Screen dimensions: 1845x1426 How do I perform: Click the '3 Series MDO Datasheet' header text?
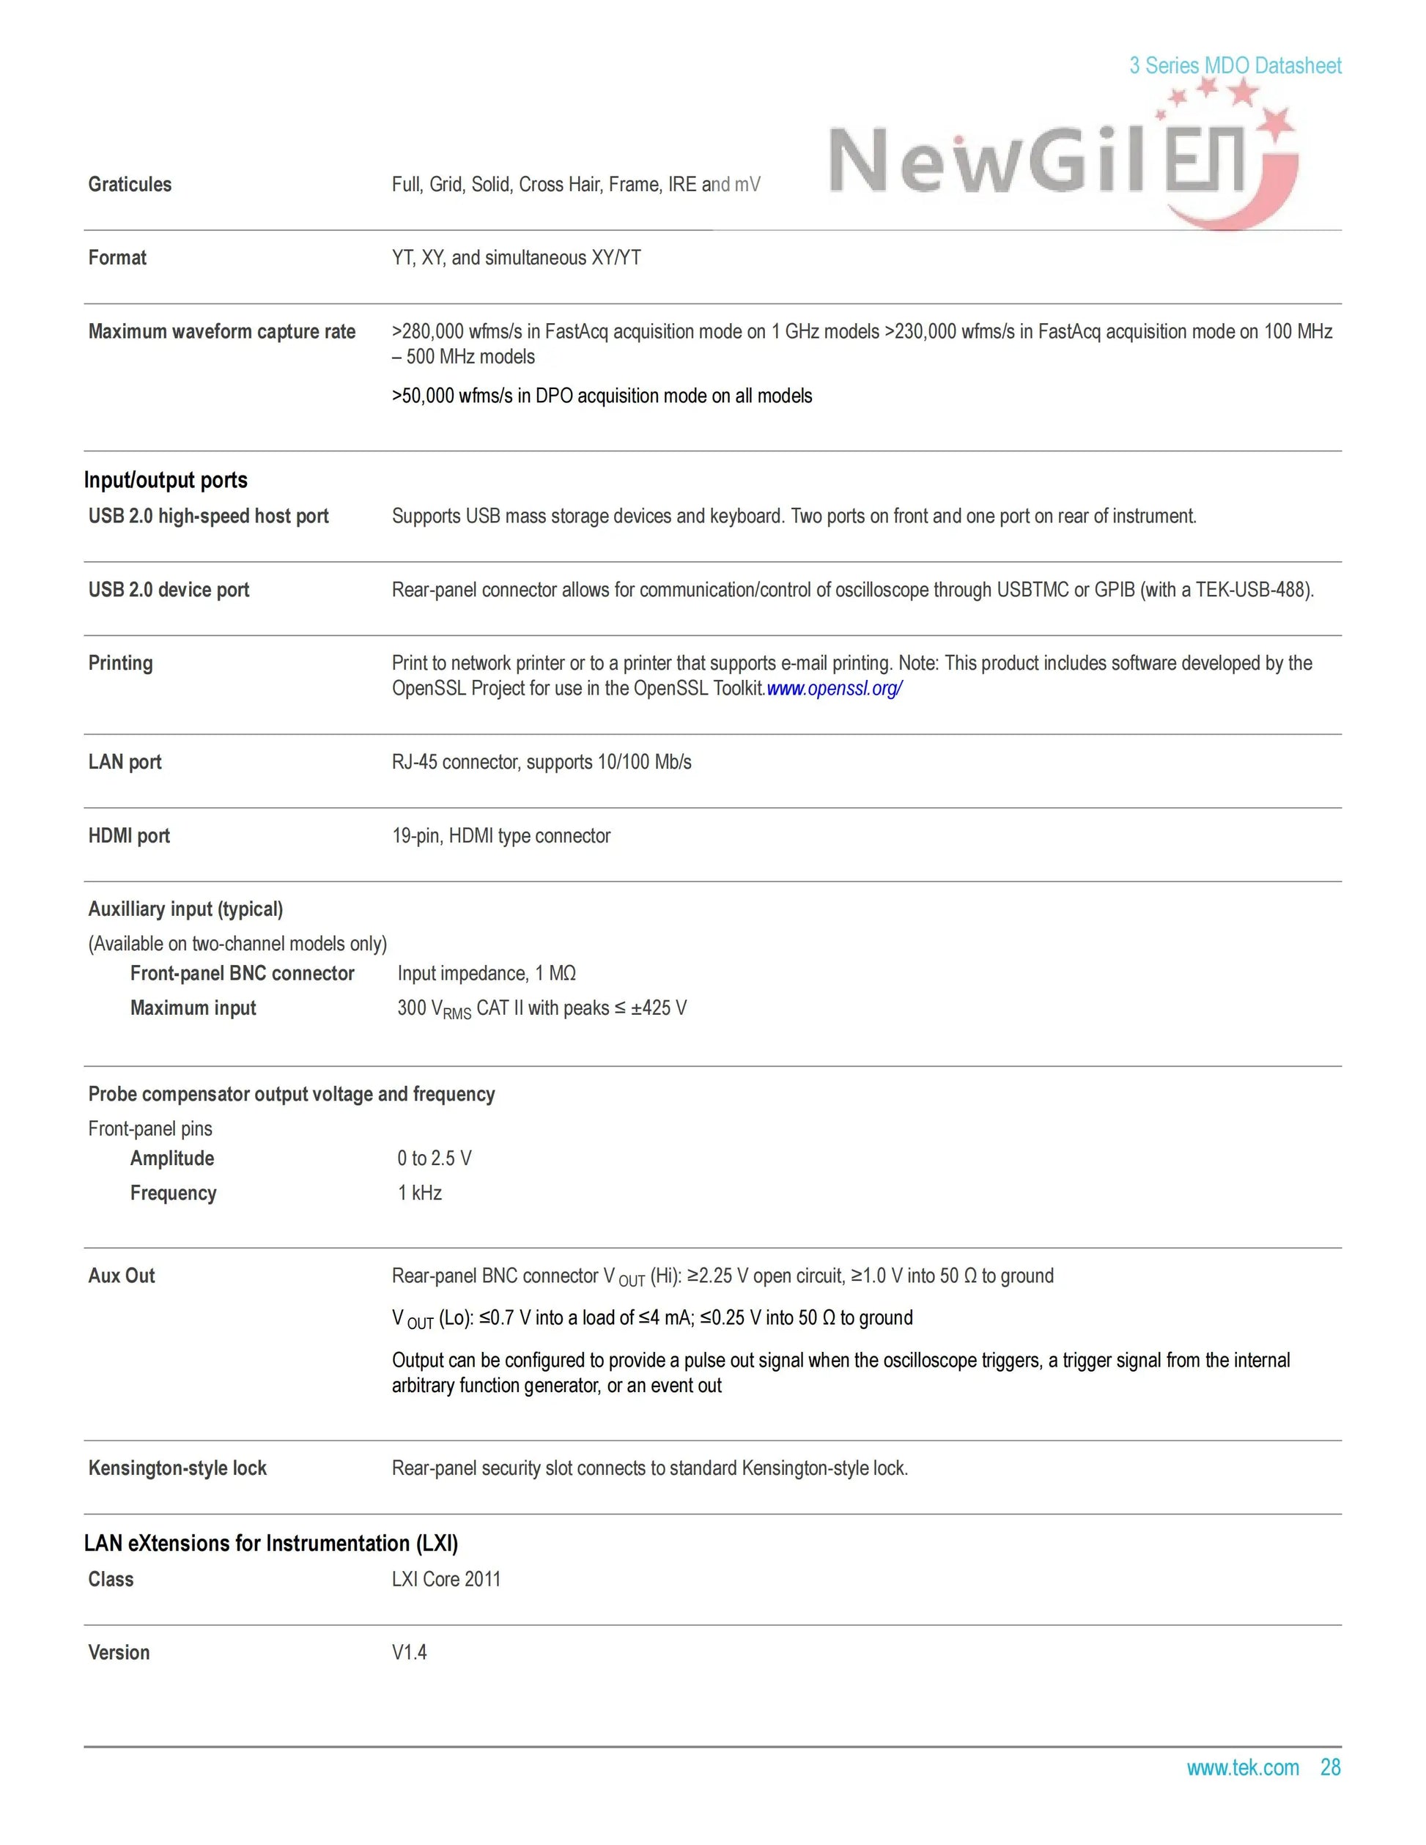(x=1235, y=65)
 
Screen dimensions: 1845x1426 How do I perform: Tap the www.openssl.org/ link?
(x=834, y=689)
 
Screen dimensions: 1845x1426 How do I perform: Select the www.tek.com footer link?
(x=1242, y=1767)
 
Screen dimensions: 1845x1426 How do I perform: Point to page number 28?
(x=1331, y=1767)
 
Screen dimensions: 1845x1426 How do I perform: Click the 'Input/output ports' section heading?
(x=166, y=480)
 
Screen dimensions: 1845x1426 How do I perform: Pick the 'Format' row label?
(x=117, y=258)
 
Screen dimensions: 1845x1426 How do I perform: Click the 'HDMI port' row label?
(x=128, y=835)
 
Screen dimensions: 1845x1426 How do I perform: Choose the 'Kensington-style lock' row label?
(x=177, y=1468)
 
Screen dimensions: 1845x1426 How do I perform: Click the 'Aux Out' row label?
(x=121, y=1276)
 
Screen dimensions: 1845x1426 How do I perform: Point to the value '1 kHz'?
(x=419, y=1193)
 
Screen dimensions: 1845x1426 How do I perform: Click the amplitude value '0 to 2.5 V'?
(x=435, y=1158)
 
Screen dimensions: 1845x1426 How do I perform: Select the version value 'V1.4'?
(x=409, y=1652)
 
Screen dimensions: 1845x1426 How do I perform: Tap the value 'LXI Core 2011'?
(x=446, y=1579)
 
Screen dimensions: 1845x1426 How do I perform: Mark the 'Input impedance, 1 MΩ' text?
(x=487, y=973)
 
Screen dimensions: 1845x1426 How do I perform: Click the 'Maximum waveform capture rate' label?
(x=221, y=331)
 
